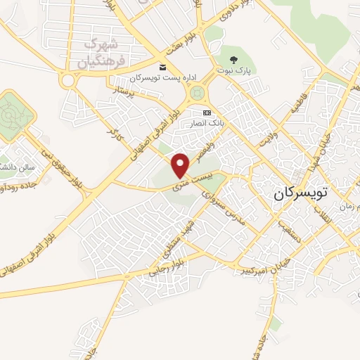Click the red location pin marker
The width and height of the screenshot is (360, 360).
pos(181,165)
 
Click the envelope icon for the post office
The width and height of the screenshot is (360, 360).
pos(163,67)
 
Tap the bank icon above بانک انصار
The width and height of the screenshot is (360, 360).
pos(207,112)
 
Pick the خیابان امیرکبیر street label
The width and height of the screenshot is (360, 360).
pos(262,267)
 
